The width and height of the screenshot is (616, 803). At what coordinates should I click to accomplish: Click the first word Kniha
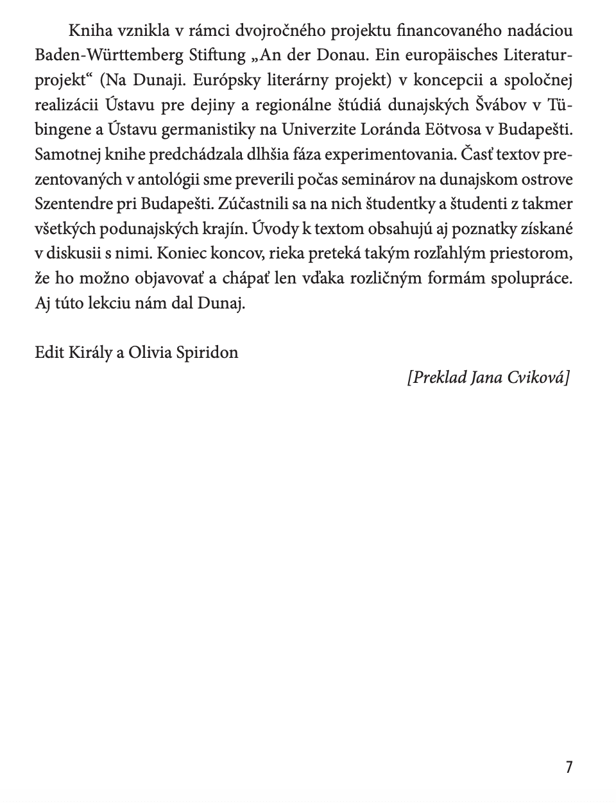(87, 30)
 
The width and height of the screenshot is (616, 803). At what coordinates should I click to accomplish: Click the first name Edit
(49, 352)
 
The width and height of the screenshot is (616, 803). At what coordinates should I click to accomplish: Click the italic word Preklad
(437, 377)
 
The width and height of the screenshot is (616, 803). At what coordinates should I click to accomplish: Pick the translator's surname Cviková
(538, 377)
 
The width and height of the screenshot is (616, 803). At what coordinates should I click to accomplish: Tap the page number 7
(568, 766)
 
